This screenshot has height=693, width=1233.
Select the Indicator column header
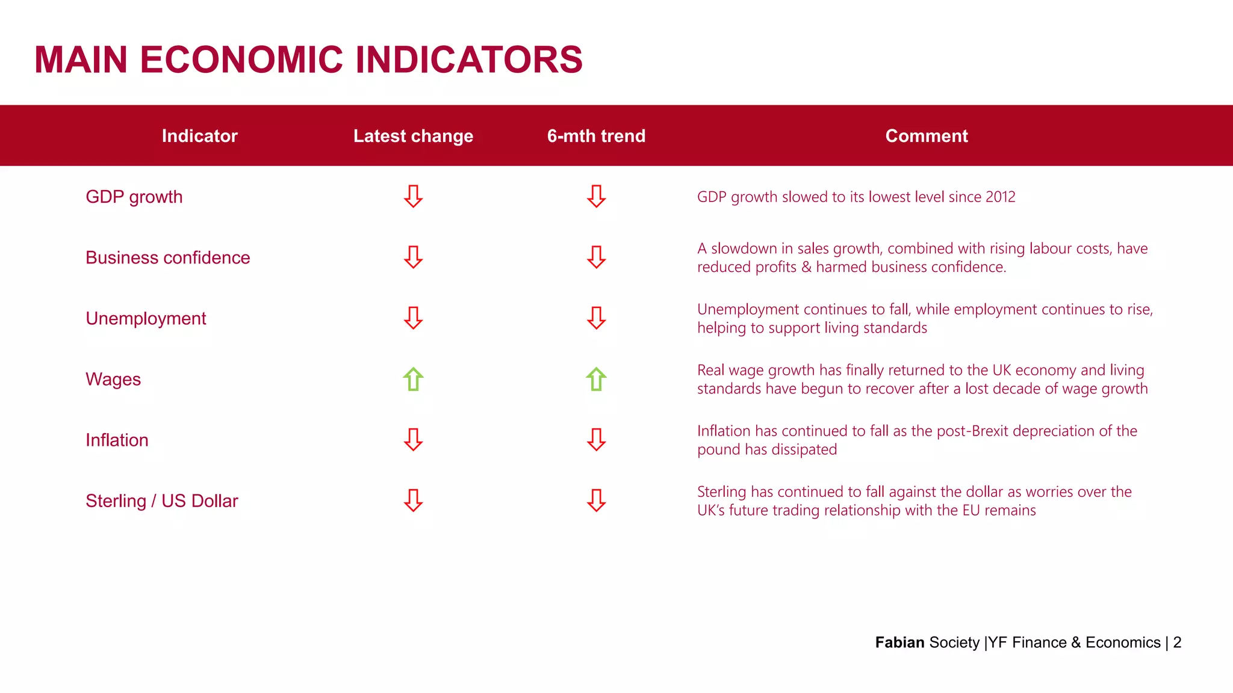(x=199, y=136)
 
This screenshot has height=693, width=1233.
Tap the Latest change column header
(x=413, y=136)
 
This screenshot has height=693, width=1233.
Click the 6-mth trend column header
(x=596, y=136)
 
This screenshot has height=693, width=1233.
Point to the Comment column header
(x=927, y=136)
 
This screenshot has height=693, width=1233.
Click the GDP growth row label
(x=134, y=197)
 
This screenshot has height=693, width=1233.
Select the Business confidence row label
(x=167, y=257)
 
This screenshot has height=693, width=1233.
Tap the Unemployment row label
(x=146, y=318)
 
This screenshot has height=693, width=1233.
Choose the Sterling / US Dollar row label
(x=161, y=500)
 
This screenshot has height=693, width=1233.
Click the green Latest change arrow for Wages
(x=413, y=379)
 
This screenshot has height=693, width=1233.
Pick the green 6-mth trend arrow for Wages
(x=596, y=379)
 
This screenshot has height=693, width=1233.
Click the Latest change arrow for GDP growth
(x=413, y=196)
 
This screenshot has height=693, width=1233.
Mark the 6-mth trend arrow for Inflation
(x=596, y=439)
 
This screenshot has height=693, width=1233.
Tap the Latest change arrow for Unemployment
(x=413, y=318)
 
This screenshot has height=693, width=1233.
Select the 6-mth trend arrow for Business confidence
(x=596, y=257)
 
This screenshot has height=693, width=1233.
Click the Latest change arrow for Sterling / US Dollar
(x=413, y=500)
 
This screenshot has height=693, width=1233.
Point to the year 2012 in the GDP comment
(x=1000, y=197)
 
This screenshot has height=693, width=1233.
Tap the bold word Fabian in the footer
(x=899, y=642)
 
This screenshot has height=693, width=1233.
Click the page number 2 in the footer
(x=1177, y=642)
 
